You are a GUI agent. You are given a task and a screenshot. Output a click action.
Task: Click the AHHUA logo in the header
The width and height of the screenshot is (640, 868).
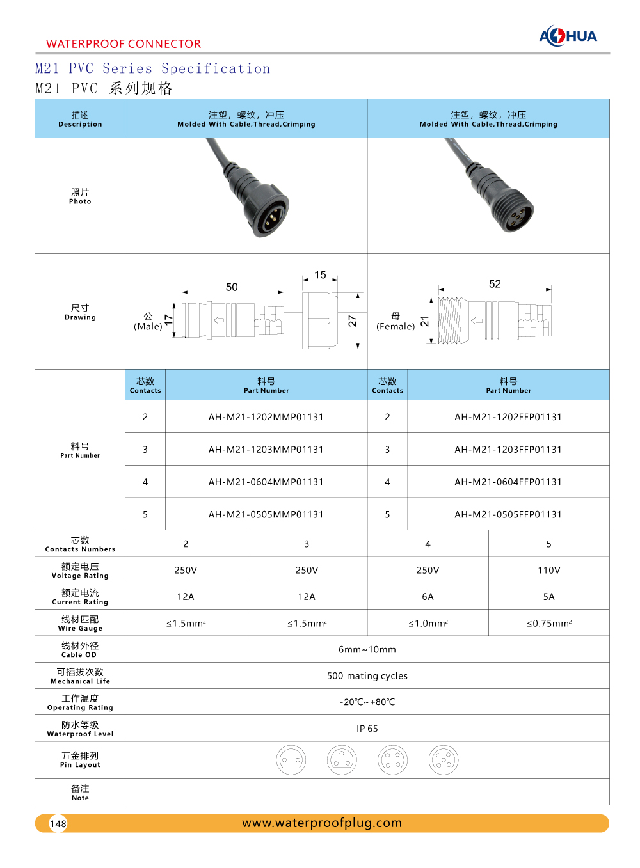[568, 36]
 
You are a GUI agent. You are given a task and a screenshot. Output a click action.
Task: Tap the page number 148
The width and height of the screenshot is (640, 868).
[58, 823]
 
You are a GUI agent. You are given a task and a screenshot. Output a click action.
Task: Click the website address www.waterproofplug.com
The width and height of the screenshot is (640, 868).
[322, 823]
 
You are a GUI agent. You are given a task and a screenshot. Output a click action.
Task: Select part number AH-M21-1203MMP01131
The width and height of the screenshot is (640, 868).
[266, 450]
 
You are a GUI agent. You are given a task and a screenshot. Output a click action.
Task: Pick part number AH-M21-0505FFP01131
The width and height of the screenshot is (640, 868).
[508, 514]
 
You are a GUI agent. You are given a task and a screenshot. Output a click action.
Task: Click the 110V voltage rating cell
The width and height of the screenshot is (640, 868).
[548, 570]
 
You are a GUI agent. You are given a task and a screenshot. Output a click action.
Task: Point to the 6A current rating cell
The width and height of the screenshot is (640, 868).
[428, 597]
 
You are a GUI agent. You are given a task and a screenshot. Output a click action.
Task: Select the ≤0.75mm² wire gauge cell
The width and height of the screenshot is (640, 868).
[548, 623]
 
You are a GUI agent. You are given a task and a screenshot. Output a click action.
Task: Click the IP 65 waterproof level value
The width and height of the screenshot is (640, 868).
[367, 729]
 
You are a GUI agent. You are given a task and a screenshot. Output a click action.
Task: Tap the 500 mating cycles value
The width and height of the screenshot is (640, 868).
[367, 675]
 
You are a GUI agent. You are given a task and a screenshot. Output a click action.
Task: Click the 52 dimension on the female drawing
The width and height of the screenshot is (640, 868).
[495, 284]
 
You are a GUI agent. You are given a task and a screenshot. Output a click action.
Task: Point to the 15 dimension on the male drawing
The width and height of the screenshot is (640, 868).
[320, 275]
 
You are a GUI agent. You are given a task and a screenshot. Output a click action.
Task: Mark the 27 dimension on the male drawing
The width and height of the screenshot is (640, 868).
[352, 321]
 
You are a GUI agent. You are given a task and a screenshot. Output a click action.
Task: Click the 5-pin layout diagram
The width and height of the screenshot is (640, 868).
[444, 760]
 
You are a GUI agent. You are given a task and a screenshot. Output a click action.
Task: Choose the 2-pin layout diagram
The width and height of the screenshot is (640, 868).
[291, 760]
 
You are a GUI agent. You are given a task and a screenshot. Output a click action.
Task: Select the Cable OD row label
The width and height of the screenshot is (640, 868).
[79, 649]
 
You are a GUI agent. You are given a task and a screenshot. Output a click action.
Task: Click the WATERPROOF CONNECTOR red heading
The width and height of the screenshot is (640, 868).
[124, 44]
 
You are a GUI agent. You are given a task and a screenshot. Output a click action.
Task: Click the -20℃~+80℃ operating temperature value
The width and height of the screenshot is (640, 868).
[367, 702]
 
